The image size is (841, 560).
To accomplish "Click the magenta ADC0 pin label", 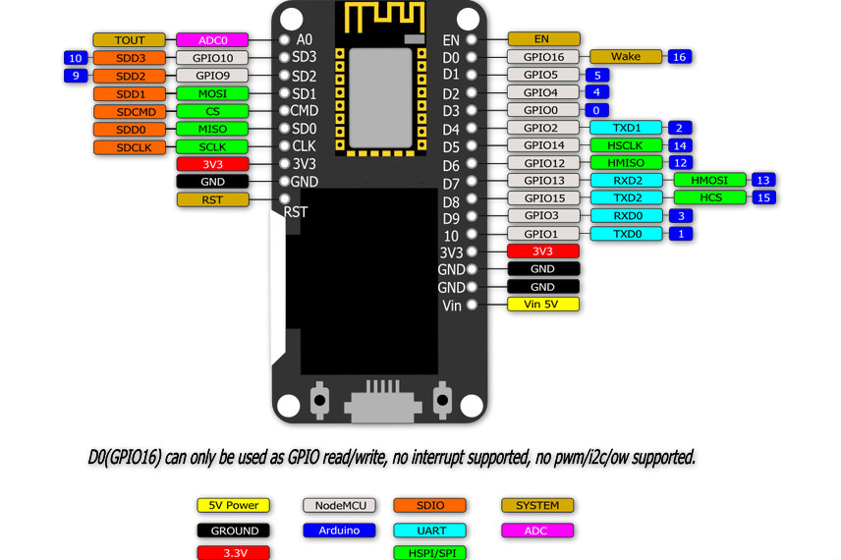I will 211,40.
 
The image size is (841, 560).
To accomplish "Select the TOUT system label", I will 130,40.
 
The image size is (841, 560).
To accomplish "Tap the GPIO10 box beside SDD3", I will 211,58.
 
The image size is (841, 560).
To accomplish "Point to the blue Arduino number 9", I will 76,76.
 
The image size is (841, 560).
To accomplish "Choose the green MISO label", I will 211,129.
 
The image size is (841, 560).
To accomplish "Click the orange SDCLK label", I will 130,146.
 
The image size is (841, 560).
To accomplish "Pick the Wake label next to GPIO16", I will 625,57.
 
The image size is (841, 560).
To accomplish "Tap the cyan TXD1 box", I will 625,128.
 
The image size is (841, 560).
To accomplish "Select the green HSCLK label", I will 625,145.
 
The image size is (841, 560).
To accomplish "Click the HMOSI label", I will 709,180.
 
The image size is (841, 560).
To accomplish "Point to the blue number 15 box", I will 763,197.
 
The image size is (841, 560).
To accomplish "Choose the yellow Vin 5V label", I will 542,305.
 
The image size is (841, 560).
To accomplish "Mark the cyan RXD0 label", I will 625,215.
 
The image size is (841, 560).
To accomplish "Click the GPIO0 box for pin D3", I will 542,110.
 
